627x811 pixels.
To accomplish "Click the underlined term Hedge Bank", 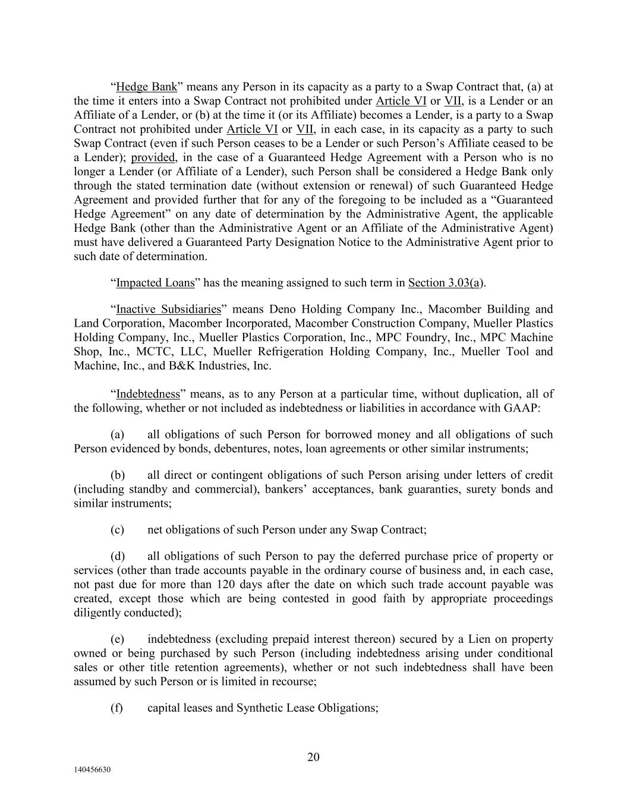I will pos(146,87).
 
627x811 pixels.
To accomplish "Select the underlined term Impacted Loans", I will pos(155,283).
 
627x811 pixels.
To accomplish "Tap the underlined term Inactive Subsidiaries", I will pos(168,310).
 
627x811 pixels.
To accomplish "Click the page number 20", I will pos(313,757).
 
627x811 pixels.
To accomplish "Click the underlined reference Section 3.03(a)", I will pos(444,283).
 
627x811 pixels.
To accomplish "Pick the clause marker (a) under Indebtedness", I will pos(117,435).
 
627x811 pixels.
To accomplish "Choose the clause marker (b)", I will pos(117,475).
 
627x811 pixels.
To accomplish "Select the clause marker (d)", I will pos(117,557).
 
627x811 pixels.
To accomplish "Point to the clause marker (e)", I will pos(117,640).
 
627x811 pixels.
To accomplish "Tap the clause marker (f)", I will pos(117,708).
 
